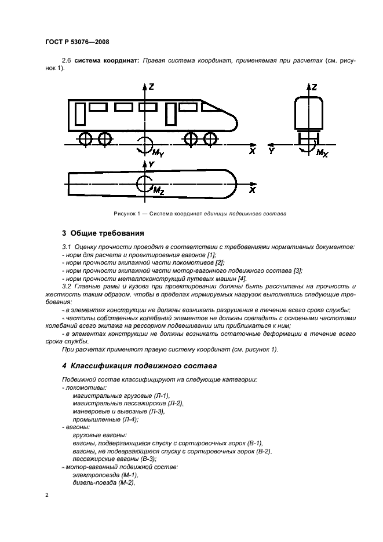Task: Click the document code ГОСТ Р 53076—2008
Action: (x=76, y=42)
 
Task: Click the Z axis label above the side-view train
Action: (x=151, y=87)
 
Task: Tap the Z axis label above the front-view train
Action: (x=314, y=87)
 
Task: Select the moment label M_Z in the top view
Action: (x=158, y=190)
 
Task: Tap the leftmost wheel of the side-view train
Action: (x=86, y=139)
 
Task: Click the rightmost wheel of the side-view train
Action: (x=209, y=139)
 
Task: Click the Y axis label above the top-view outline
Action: (x=152, y=164)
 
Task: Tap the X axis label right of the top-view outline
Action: (x=252, y=189)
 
